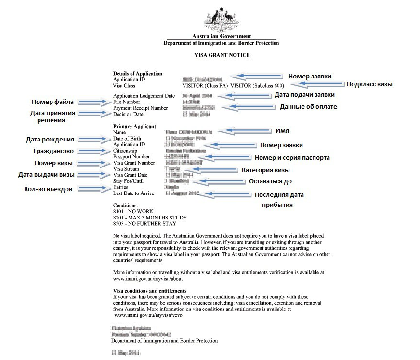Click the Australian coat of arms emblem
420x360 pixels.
coord(222,18)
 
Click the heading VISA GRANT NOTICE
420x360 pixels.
coord(222,55)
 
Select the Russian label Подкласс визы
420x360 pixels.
coord(369,84)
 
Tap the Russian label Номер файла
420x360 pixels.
coord(53,102)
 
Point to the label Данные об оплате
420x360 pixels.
coord(308,107)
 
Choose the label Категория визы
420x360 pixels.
coord(265,170)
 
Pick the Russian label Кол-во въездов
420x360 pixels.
coord(48,189)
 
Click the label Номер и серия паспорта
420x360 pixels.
coord(292,158)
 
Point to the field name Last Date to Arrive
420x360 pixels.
coord(133,193)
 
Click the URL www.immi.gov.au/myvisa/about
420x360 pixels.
coord(148,279)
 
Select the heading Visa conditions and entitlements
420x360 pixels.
coord(149,291)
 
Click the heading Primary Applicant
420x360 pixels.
coord(134,127)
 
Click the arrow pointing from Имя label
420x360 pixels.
coord(243,131)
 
